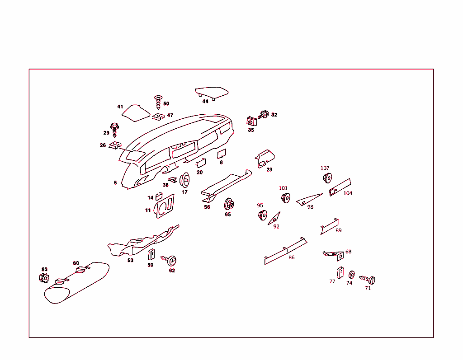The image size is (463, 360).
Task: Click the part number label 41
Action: pyautogui.click(x=120, y=107)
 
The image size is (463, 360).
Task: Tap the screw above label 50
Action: pyautogui.click(x=158, y=102)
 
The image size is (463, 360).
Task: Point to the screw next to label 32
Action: pyautogui.click(x=263, y=115)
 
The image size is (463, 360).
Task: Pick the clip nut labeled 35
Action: pyautogui.click(x=250, y=122)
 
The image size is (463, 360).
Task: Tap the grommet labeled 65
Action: pyautogui.click(x=228, y=204)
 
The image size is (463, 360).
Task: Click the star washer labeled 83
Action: pyautogui.click(x=44, y=278)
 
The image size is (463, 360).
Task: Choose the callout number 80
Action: pyautogui.click(x=76, y=263)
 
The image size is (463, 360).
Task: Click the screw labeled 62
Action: pyautogui.click(x=171, y=261)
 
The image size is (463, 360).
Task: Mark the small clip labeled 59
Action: pyautogui.click(x=151, y=255)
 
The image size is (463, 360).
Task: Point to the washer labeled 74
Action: pyautogui.click(x=351, y=274)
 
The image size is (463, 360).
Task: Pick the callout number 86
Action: pyautogui.click(x=292, y=257)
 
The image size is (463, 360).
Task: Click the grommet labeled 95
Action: pyautogui.click(x=262, y=215)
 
